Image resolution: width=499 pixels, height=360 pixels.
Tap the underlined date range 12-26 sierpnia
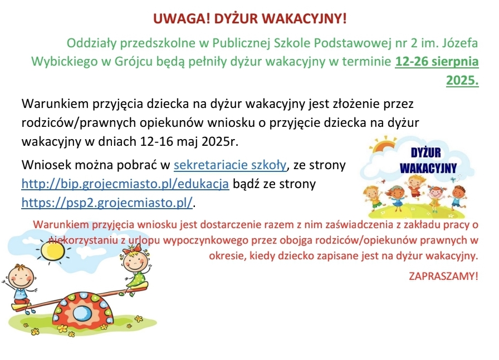click(437, 61)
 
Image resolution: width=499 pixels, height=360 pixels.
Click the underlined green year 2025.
click(462, 80)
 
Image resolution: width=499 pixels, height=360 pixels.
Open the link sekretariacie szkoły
click(230, 165)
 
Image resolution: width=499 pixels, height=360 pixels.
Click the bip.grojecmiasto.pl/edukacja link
click(125, 184)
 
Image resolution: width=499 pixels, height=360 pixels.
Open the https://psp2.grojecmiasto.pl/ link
click(107, 203)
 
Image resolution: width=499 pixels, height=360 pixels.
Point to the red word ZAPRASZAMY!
click(443, 276)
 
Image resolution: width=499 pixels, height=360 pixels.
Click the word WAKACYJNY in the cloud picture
click(428, 168)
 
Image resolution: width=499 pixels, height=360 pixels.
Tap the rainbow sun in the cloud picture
click(385, 145)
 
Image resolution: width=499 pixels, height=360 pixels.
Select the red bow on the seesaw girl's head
click(132, 249)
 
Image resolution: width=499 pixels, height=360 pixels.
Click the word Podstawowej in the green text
click(353, 43)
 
